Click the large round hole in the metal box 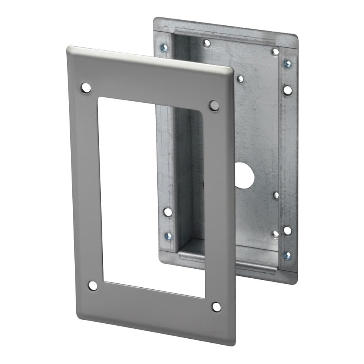tap(245, 175)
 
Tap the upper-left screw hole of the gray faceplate tap(86, 88)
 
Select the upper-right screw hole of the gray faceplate tap(214, 106)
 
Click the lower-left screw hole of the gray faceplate tap(92, 285)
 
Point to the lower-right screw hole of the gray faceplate tap(216, 307)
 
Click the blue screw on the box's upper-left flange tap(164, 48)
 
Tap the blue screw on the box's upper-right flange tap(288, 64)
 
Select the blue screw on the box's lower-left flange tap(168, 236)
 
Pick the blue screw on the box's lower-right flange tap(287, 255)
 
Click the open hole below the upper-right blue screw tap(288, 90)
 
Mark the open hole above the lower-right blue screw tap(287, 230)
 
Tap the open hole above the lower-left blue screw tap(168, 212)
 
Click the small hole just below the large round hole tap(276, 195)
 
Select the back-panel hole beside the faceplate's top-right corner tap(240, 79)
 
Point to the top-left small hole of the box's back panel tap(206, 43)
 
